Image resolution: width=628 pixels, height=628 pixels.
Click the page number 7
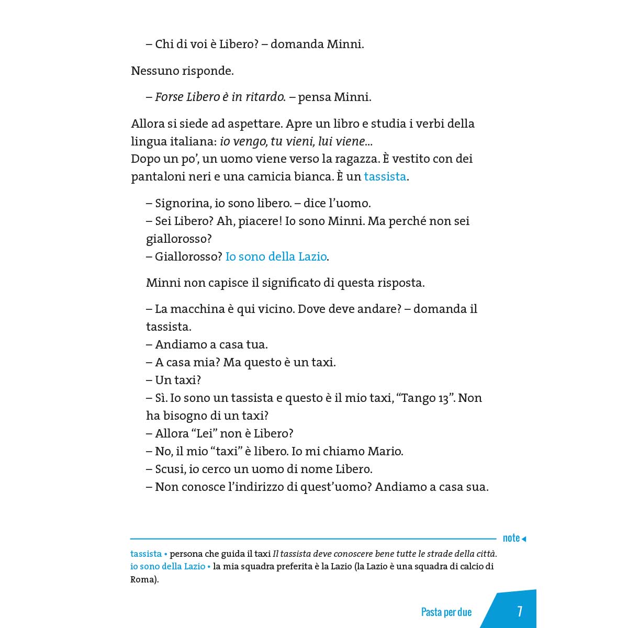pos(519,611)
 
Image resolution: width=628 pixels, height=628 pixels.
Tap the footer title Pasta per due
pos(446,612)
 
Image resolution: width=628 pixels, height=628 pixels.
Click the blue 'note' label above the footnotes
pos(511,538)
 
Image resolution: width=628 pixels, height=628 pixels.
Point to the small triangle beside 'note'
pos(524,539)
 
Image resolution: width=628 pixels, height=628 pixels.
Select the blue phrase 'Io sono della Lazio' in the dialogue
pos(276,256)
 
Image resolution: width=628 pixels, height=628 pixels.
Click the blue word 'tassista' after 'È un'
pos(385,176)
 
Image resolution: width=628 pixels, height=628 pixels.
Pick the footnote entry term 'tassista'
pos(146,554)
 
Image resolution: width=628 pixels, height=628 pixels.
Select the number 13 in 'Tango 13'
pos(443,398)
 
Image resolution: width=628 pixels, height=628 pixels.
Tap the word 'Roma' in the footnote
pos(142,579)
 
